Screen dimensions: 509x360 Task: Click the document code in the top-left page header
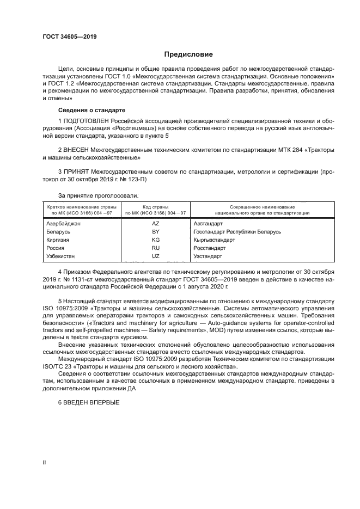tap(66, 36)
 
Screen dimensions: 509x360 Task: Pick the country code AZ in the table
tap(155, 224)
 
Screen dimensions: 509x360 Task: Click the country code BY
tap(155, 231)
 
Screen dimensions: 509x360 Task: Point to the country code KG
tap(155, 240)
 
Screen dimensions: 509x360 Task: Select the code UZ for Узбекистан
tap(155, 255)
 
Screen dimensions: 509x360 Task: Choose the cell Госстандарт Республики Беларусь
tap(237, 231)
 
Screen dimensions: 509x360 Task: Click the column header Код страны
tap(155, 207)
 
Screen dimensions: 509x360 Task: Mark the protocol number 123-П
tap(135, 179)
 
